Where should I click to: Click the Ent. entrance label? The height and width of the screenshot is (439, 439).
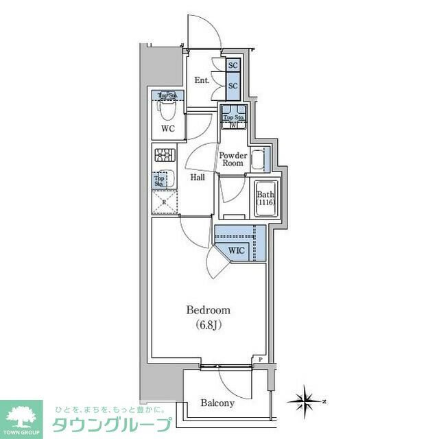(x=201, y=80)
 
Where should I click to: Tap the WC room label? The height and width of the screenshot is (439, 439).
(x=167, y=128)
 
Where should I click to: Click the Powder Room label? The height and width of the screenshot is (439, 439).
(x=232, y=159)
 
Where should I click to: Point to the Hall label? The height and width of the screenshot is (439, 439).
(x=198, y=178)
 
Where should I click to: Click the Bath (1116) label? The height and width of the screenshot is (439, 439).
(x=265, y=198)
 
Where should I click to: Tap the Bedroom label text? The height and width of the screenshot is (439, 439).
(x=209, y=310)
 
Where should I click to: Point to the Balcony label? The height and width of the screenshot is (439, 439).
(x=217, y=403)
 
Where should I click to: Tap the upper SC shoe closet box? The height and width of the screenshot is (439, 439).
(x=233, y=66)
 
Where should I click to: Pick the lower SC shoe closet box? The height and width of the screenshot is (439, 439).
(x=233, y=86)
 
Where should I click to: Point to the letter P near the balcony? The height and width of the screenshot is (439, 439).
(x=261, y=359)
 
